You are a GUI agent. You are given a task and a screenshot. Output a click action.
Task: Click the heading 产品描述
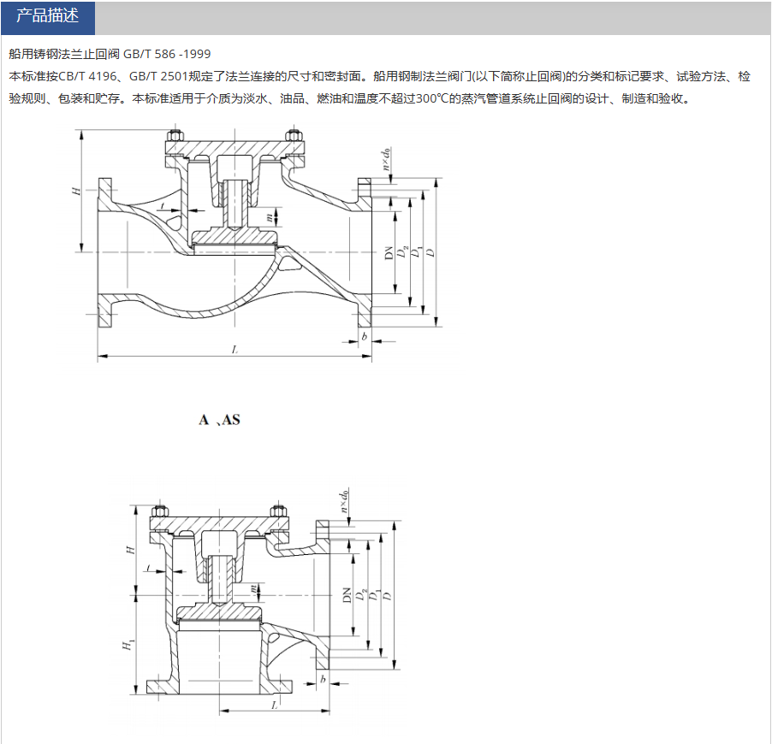(47, 17)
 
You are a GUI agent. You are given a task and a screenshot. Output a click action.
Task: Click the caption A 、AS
(220, 420)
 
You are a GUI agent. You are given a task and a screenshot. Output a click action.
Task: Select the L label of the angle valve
(274, 705)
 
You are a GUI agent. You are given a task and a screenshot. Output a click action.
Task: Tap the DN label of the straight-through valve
(388, 252)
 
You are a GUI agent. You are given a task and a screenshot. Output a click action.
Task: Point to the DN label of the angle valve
(347, 594)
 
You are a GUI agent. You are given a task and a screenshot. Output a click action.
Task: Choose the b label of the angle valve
(323, 679)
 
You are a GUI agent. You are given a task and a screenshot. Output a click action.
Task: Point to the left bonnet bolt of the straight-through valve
(175, 137)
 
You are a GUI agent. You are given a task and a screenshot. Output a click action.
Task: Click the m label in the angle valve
(254, 589)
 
